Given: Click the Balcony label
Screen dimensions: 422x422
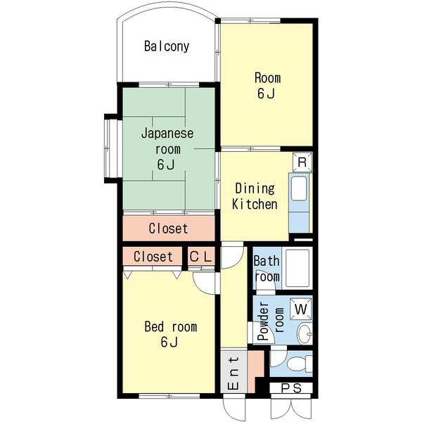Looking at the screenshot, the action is coord(167,46).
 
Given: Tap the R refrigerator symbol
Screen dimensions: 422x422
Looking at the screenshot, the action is coord(302,162).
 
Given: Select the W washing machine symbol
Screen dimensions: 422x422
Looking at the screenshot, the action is coord(301,309).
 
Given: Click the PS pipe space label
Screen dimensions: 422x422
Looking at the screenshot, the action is coord(291,388).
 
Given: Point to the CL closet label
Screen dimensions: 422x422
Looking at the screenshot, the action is coord(200,257).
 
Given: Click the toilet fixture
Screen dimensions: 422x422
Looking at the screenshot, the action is coord(300,364).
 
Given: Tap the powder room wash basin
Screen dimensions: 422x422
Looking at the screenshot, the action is coord(305,333).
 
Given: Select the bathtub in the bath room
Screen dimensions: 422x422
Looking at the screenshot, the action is coord(297,268).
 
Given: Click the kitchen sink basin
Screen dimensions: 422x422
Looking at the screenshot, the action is coord(299,188).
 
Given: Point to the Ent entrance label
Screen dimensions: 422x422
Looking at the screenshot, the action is coord(233,373).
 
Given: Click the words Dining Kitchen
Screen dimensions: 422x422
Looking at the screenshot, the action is coord(255,196).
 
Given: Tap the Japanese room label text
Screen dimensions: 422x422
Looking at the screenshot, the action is coord(167,149).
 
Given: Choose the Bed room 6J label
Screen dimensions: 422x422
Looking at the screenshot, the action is coord(171,334).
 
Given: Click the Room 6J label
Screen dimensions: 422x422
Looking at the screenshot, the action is coord(267,86).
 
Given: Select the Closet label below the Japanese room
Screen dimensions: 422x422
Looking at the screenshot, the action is coord(168,228).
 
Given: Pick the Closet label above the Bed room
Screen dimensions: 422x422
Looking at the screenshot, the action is coord(153,257).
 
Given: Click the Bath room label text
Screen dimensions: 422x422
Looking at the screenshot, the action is coord(267,269).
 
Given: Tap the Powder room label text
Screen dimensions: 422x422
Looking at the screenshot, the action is coord(270,321).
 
